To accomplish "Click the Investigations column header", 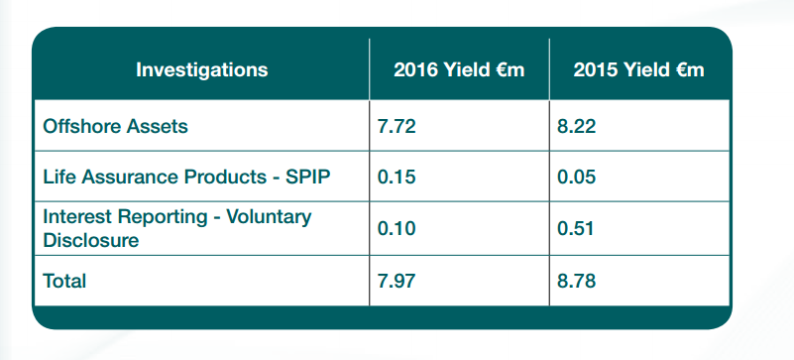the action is [201, 69].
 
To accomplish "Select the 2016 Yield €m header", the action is [459, 69].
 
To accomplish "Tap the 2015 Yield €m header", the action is [638, 69].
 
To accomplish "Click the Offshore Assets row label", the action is [115, 126].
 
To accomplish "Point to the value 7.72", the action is [397, 126].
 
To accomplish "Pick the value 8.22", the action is [576, 126].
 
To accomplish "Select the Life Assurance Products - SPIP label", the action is [187, 178].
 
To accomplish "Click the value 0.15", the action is [397, 178].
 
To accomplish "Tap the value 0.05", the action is [576, 178].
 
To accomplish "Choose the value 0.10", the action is [397, 229].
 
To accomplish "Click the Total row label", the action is [64, 281].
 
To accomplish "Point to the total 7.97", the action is [397, 281].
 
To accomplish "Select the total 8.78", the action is [576, 281].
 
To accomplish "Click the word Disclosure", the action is [90, 241].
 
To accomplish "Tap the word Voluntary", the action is [269, 217].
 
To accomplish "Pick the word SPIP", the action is [308, 178].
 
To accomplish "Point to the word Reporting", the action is [162, 217].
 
